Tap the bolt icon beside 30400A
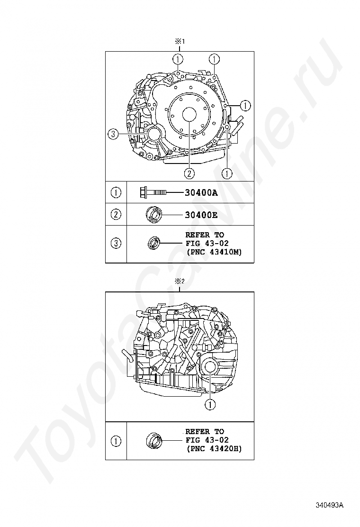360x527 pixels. point(153,193)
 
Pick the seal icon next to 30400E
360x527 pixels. point(154,215)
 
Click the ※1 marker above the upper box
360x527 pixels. point(180,42)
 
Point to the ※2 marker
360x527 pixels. point(180,282)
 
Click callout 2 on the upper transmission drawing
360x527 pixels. point(189,173)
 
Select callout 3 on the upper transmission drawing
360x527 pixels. point(112,135)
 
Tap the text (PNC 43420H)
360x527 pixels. point(214,448)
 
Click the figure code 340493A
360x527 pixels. point(330,505)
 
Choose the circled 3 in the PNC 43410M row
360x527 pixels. point(116,244)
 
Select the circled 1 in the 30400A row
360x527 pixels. point(116,193)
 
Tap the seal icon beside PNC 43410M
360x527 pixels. point(154,243)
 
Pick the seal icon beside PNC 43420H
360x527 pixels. point(154,441)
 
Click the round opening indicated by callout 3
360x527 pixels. point(155,135)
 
